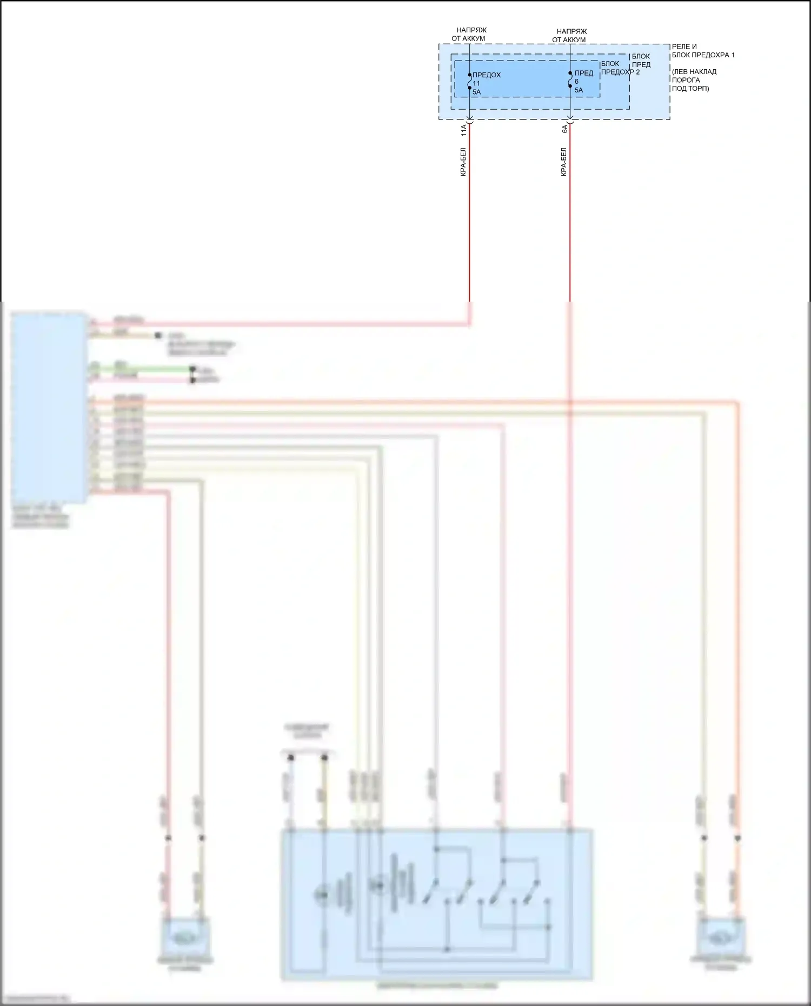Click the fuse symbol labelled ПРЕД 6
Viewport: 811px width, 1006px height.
570,79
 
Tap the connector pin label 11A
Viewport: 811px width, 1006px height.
463,130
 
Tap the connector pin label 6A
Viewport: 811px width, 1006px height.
564,129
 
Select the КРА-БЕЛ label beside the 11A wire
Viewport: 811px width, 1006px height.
463,162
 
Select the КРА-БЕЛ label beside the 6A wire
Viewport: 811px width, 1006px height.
564,162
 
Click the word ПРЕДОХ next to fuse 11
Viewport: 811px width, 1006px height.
487,75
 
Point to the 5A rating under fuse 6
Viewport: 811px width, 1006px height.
579,90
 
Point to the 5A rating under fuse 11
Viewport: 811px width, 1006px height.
477,92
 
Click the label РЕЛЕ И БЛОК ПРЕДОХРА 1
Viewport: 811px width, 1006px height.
703,51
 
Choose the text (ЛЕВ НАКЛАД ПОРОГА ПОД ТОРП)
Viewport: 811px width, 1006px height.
694,80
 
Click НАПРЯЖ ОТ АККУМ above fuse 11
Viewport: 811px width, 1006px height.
469,35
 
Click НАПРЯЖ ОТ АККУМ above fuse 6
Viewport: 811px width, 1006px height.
570,36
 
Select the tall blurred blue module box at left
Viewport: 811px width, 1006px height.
49,408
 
